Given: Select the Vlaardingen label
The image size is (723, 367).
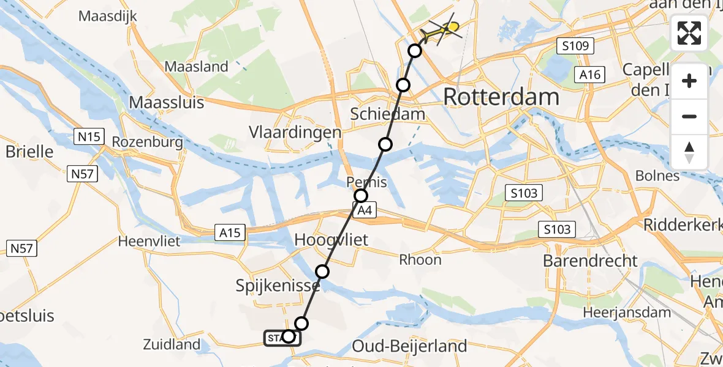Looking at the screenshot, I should [295, 133].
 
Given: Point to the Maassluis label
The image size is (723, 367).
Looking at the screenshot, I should [167, 102].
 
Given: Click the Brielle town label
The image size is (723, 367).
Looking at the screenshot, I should [29, 151].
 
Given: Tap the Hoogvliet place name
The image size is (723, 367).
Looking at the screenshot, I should [331, 239].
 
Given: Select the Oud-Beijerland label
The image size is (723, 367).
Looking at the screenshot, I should [409, 346].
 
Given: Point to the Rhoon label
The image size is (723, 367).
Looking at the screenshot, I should [420, 259].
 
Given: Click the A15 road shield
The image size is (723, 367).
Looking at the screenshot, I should [230, 232].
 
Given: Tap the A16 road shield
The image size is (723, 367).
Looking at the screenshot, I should [589, 75].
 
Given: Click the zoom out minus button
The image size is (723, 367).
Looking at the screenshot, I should [689, 116].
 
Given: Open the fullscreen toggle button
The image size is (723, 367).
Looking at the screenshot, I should [689, 33].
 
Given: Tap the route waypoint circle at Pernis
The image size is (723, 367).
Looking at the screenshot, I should [361, 196].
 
